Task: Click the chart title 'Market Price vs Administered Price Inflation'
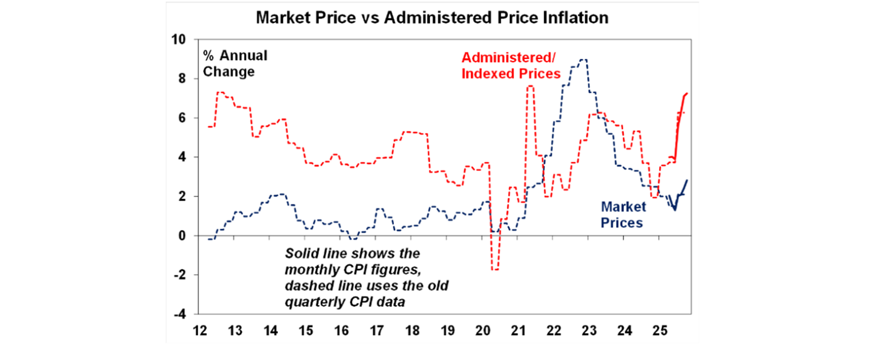pos(432,18)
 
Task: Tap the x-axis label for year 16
pos(341,330)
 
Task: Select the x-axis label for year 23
pos(589,330)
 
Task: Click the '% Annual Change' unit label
pos(235,64)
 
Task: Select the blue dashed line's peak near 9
pos(582,59)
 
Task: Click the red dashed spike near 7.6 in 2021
pos(530,86)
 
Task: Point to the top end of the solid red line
pos(687,93)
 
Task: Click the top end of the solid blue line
pos(687,181)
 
